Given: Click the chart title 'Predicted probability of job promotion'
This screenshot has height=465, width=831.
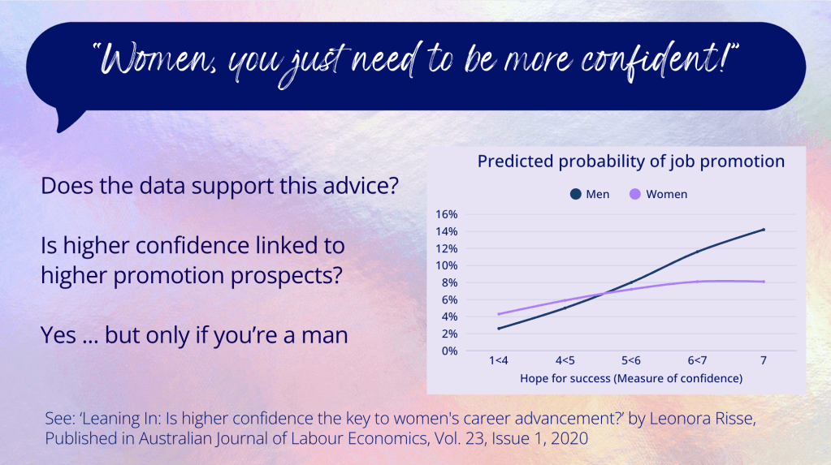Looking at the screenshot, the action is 630,161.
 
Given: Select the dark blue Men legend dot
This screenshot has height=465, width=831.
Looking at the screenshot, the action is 576,195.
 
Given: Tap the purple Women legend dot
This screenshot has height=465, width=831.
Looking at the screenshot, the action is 635,195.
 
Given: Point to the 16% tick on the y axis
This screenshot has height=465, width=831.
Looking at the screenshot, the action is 446,214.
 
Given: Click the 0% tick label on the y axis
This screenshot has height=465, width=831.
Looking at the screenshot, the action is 449,351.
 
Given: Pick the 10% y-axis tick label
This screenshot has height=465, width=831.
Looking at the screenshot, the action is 446,265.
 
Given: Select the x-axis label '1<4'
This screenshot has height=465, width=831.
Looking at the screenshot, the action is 498,360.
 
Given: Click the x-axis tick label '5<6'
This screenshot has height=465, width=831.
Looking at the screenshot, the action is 630,360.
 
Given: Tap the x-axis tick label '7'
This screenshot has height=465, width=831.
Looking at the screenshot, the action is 763,360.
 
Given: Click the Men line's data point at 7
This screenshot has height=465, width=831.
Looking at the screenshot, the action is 763,230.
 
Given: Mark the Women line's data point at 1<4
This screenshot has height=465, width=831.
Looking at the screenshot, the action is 499,314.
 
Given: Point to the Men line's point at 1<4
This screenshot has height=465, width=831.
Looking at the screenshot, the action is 499,329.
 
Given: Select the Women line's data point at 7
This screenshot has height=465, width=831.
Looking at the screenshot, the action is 763,282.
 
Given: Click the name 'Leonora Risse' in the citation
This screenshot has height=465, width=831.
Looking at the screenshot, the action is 702,419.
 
